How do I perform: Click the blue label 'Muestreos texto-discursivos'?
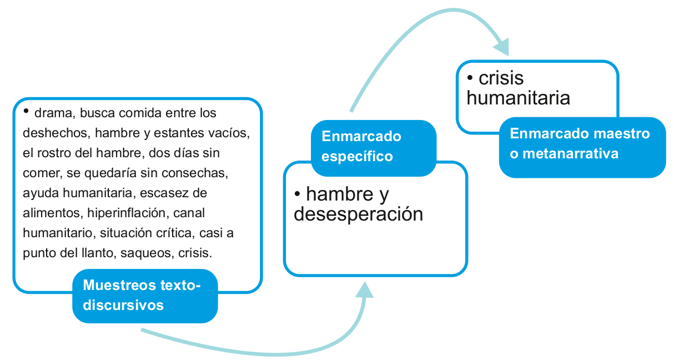tap(144, 295)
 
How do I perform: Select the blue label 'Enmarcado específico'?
tap(373, 147)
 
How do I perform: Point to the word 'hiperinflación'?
tap(115, 213)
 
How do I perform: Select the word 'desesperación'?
tap(358, 214)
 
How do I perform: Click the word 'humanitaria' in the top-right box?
tap(518, 98)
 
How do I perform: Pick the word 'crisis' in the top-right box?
tap(501, 78)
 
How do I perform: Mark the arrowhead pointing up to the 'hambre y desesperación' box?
tap(365, 288)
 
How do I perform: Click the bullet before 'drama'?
tap(27, 111)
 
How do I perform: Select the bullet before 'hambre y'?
tap(298, 194)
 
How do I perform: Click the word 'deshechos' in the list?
tap(49, 133)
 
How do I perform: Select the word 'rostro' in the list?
tap(56, 153)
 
